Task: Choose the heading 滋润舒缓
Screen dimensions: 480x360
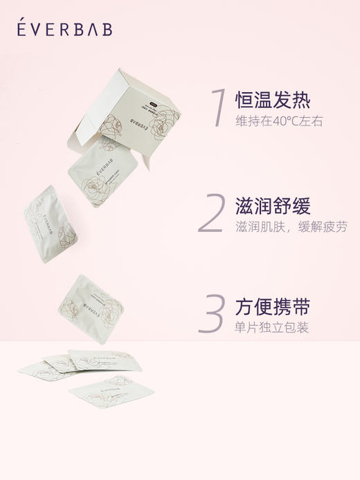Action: pos(273,206)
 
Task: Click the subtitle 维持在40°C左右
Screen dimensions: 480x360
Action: pos(279,122)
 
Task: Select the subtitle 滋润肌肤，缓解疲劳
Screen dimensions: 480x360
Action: pos(291,227)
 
